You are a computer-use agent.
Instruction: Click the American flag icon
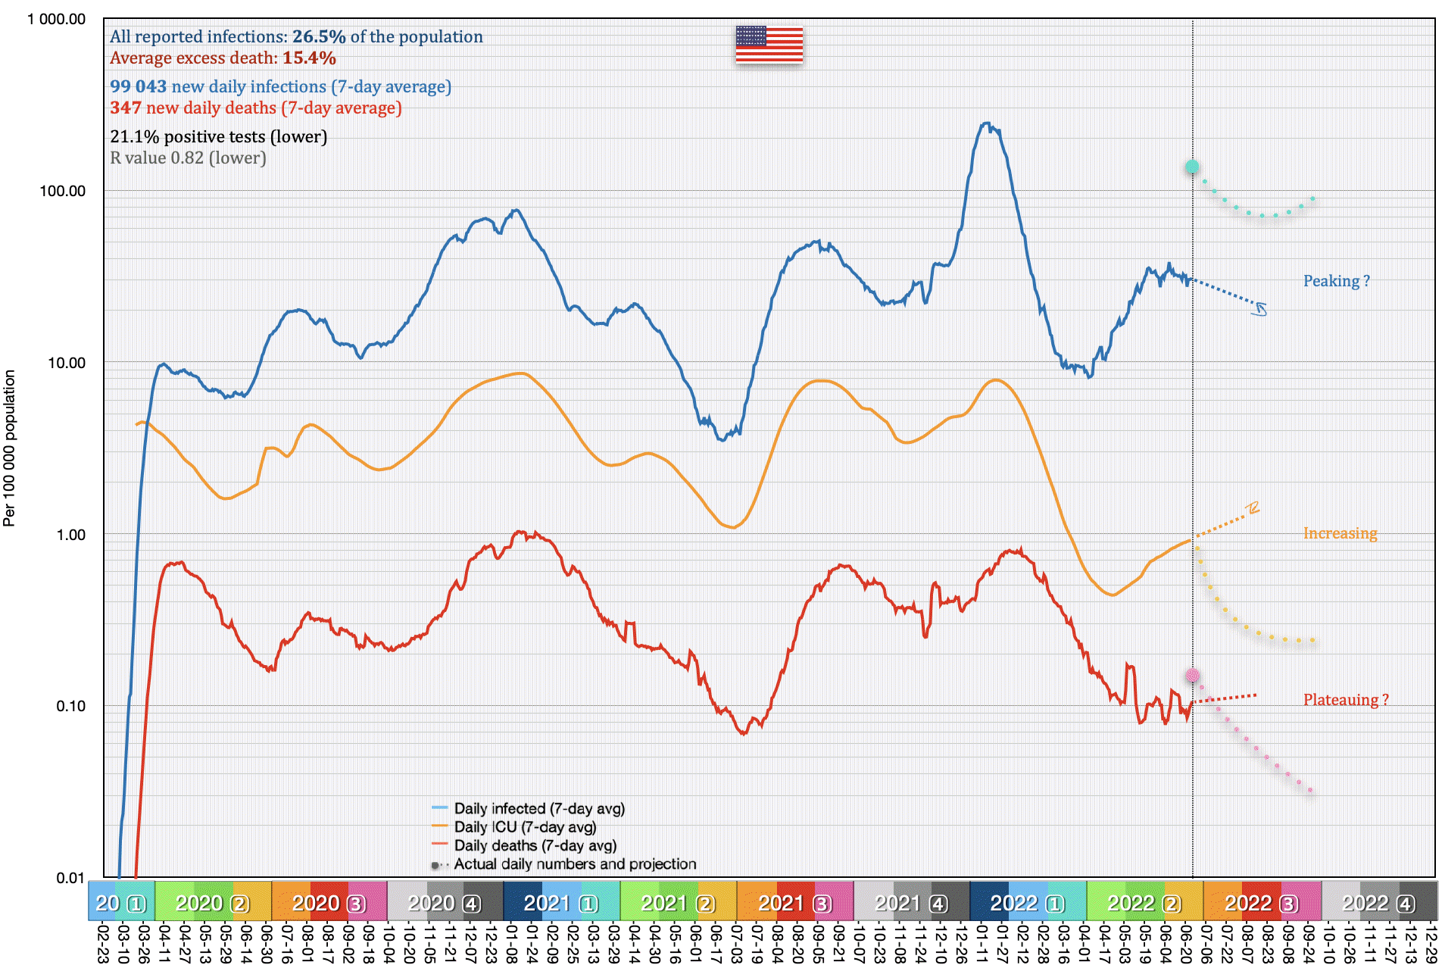click(x=769, y=45)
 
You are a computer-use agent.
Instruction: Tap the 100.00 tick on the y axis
click(x=62, y=191)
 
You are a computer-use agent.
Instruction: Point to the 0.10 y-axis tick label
click(x=70, y=706)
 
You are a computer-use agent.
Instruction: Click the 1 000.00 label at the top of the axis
click(x=56, y=19)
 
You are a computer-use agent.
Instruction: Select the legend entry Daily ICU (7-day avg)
click(x=525, y=827)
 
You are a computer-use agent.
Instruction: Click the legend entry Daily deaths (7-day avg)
click(x=535, y=845)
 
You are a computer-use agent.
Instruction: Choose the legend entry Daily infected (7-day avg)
click(x=539, y=808)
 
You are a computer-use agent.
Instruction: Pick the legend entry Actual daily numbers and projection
click(x=575, y=864)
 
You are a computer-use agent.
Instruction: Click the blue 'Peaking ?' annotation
click(x=1336, y=281)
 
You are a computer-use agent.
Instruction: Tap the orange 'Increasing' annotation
click(x=1340, y=533)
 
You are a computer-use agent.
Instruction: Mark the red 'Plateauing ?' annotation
click(x=1346, y=700)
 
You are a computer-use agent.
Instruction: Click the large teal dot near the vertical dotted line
click(x=1192, y=167)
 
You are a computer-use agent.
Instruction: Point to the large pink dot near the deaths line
click(x=1193, y=675)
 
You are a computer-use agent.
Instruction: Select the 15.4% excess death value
click(x=309, y=58)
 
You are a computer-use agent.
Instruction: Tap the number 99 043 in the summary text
click(x=138, y=86)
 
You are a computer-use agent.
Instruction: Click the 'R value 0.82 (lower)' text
click(x=188, y=158)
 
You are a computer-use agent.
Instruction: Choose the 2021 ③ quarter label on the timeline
click(x=794, y=903)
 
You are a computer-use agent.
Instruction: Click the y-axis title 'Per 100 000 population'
click(x=9, y=448)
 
